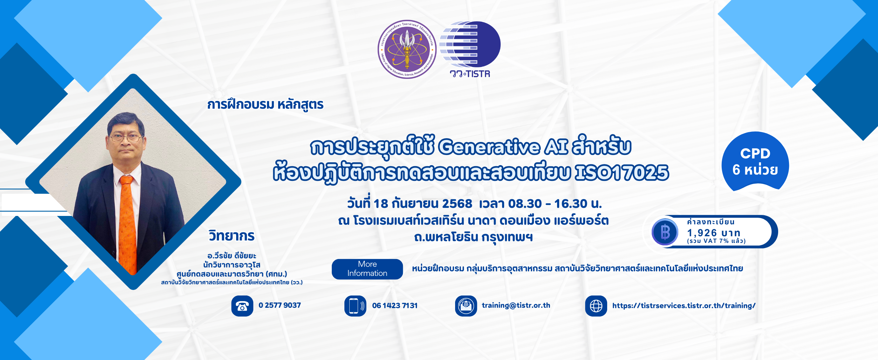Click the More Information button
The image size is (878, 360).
(367, 269)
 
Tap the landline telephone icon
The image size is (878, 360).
(242, 306)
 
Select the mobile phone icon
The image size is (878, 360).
(355, 306)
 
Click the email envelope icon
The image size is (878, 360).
(466, 306)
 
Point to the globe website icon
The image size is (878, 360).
(596, 306)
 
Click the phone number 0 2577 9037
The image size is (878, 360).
(280, 305)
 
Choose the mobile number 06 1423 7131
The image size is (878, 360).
(395, 306)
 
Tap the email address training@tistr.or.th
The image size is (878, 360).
(516, 305)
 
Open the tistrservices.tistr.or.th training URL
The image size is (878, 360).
(684, 306)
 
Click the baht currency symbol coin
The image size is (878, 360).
(665, 232)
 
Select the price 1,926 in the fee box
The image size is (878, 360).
(702, 233)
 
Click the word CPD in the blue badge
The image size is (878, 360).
(755, 154)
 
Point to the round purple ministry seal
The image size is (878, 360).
(407, 49)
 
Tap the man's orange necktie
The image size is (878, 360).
(128, 224)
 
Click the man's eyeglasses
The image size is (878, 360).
(126, 138)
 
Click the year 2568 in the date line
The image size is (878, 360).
(457, 204)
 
